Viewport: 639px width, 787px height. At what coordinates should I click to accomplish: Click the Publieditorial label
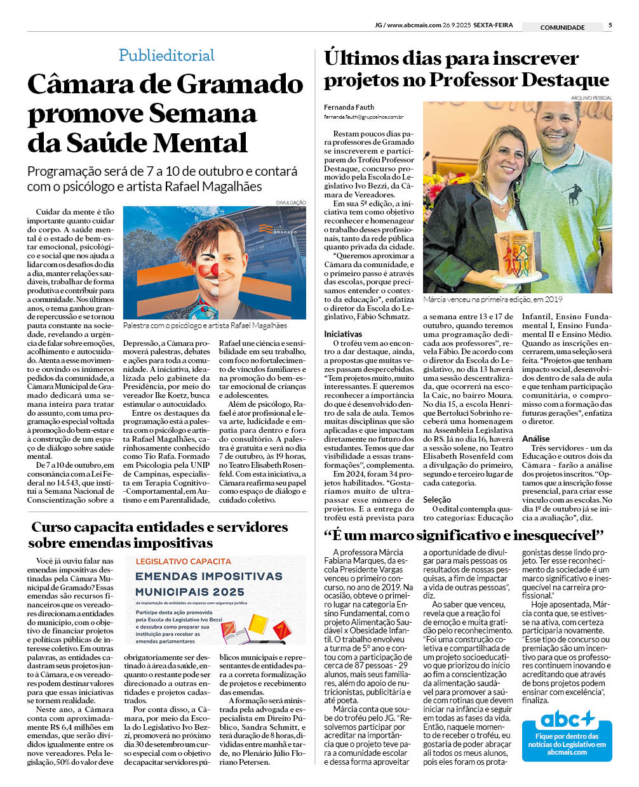pos(166,55)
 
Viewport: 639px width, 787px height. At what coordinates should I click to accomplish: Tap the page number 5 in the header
pos(610,25)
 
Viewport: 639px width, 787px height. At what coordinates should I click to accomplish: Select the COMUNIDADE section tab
pos(562,27)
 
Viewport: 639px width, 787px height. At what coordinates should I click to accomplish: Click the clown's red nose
pos(212,270)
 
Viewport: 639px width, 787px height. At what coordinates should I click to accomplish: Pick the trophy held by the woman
pos(518,258)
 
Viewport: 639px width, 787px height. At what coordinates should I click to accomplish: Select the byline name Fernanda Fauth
pos(349,107)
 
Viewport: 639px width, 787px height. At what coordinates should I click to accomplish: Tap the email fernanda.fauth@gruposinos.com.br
pos(363,117)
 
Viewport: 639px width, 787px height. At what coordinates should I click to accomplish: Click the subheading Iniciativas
pos(343,334)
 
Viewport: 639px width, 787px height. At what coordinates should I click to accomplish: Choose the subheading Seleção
pos(437,499)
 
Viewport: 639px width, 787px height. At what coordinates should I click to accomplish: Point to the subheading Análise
pos(535,439)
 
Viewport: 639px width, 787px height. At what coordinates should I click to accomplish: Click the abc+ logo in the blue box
pos(567,720)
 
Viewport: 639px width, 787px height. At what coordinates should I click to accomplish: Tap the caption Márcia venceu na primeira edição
pos(492,300)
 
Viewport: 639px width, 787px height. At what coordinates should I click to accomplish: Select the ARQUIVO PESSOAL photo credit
pos(591,98)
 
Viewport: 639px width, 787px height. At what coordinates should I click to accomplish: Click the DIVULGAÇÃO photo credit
pos(290,202)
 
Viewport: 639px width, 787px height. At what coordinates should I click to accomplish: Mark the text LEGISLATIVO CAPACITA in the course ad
pos(183,561)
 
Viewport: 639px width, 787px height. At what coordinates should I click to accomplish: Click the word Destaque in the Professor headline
pos(565,80)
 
